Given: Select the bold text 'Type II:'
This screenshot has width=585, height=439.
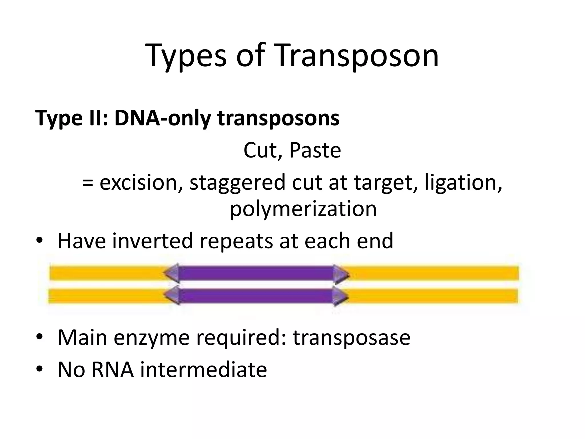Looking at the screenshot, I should tap(71, 118).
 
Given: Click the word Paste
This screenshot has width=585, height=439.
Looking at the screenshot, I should tap(315, 151).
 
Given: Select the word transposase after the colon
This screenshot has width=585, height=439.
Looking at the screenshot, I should tap(351, 338).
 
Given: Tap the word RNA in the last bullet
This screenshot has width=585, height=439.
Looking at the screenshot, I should tap(113, 370).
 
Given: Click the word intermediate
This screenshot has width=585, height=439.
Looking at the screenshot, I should tap(203, 370).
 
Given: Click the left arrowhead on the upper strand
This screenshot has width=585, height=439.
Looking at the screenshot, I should tap(171, 273).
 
